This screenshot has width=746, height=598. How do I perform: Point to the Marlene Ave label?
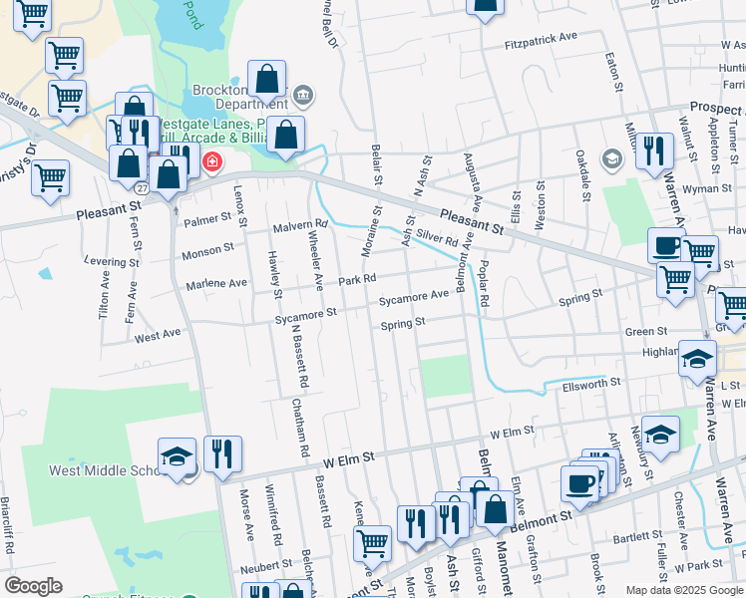(216, 283)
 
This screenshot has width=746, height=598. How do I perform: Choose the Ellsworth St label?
(591, 383)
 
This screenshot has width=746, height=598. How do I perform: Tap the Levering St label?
(112, 262)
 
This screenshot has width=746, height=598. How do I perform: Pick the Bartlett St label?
(637, 537)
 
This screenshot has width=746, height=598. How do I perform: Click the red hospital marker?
(212, 161)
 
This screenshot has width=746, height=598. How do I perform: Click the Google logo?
(33, 586)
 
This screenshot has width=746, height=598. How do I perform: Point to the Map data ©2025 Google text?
(683, 590)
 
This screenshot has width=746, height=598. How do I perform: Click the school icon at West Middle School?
(177, 456)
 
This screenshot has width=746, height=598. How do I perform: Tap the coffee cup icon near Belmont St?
(577, 484)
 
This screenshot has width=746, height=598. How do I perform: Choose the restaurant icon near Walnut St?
(653, 150)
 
